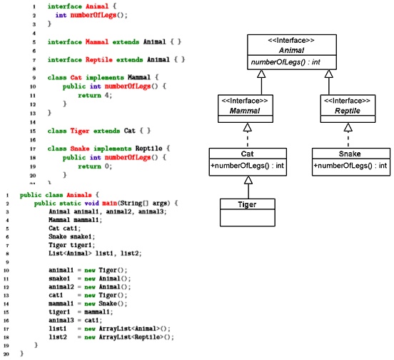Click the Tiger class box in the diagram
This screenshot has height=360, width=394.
[x=248, y=212]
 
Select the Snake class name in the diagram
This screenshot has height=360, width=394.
[x=350, y=154]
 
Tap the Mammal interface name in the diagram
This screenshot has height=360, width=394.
[x=245, y=111]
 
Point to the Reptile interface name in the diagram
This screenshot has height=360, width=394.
[x=348, y=111]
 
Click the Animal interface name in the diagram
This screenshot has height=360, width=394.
[x=291, y=50]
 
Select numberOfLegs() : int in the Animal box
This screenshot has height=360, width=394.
[x=286, y=62]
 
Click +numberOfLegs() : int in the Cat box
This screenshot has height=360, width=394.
[x=247, y=166]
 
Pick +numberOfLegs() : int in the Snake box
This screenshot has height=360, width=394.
[x=350, y=166]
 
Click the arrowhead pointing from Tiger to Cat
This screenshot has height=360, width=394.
[x=248, y=180]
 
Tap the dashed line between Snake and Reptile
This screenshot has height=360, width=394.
[x=348, y=140]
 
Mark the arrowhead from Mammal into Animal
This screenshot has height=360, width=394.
[x=261, y=74]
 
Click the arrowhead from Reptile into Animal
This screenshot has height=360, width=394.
[x=328, y=74]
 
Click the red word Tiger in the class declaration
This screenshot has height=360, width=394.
[x=80, y=131]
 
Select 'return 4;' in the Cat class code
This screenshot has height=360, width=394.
[x=95, y=95]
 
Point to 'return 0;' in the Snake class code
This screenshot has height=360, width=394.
[x=95, y=166]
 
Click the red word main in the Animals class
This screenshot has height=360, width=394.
[x=109, y=203]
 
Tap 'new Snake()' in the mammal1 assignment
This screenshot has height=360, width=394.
[x=106, y=304]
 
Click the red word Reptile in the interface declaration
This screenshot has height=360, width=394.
[x=99, y=60]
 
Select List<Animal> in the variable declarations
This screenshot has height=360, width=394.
[x=70, y=253]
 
